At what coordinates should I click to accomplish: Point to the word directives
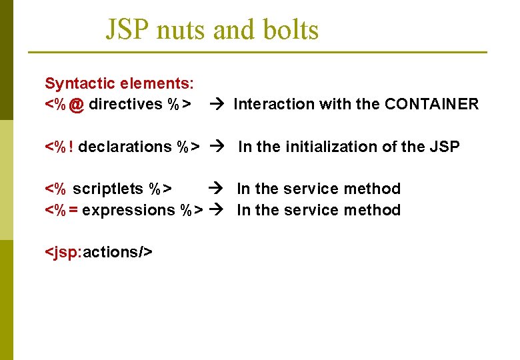125,104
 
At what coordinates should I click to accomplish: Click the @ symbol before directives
77,105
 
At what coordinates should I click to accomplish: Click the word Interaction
274,104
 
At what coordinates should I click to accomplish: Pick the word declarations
125,147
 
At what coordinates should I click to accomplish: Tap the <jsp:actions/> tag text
99,252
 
